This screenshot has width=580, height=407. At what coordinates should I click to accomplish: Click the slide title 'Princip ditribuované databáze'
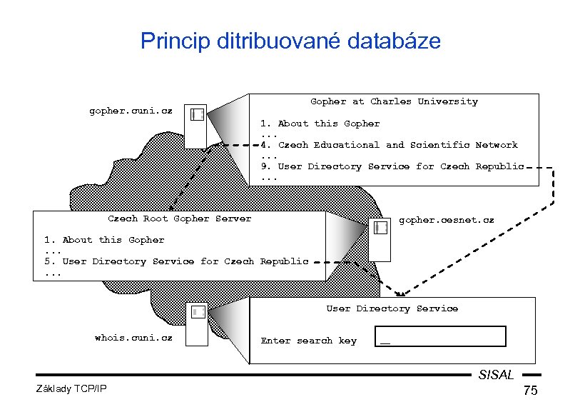pyautogui.click(x=290, y=41)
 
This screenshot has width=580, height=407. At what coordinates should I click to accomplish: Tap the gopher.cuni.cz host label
pyautogui.click(x=131, y=111)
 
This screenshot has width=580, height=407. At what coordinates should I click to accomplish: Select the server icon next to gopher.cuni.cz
pyautogui.click(x=197, y=127)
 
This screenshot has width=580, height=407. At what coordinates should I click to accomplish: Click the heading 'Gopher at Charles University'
pyautogui.click(x=394, y=101)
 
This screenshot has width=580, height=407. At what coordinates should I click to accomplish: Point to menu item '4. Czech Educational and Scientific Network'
pyautogui.click(x=389, y=145)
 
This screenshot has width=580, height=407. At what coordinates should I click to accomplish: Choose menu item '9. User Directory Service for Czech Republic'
pyautogui.click(x=392, y=166)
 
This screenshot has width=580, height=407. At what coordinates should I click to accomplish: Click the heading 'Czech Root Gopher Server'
pyautogui.click(x=179, y=218)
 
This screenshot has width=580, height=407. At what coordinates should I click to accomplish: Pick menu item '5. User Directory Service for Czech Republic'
pyautogui.click(x=175, y=261)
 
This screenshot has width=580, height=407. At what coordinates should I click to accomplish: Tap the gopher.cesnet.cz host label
pyautogui.click(x=446, y=221)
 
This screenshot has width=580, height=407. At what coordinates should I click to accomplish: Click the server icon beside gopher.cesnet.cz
pyautogui.click(x=380, y=240)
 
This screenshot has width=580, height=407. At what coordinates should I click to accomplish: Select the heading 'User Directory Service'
pyautogui.click(x=392, y=308)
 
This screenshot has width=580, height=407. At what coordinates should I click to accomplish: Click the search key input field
pyautogui.click(x=440, y=336)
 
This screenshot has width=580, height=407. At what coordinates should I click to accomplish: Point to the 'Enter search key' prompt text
pyautogui.click(x=308, y=341)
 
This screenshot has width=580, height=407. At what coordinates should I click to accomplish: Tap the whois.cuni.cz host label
pyautogui.click(x=133, y=337)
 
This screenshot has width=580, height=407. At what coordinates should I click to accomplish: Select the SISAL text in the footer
pyautogui.click(x=496, y=374)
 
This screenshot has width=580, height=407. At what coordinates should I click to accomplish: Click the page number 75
pyautogui.click(x=529, y=391)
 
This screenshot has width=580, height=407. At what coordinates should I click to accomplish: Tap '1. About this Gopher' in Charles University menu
pyautogui.click(x=320, y=124)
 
